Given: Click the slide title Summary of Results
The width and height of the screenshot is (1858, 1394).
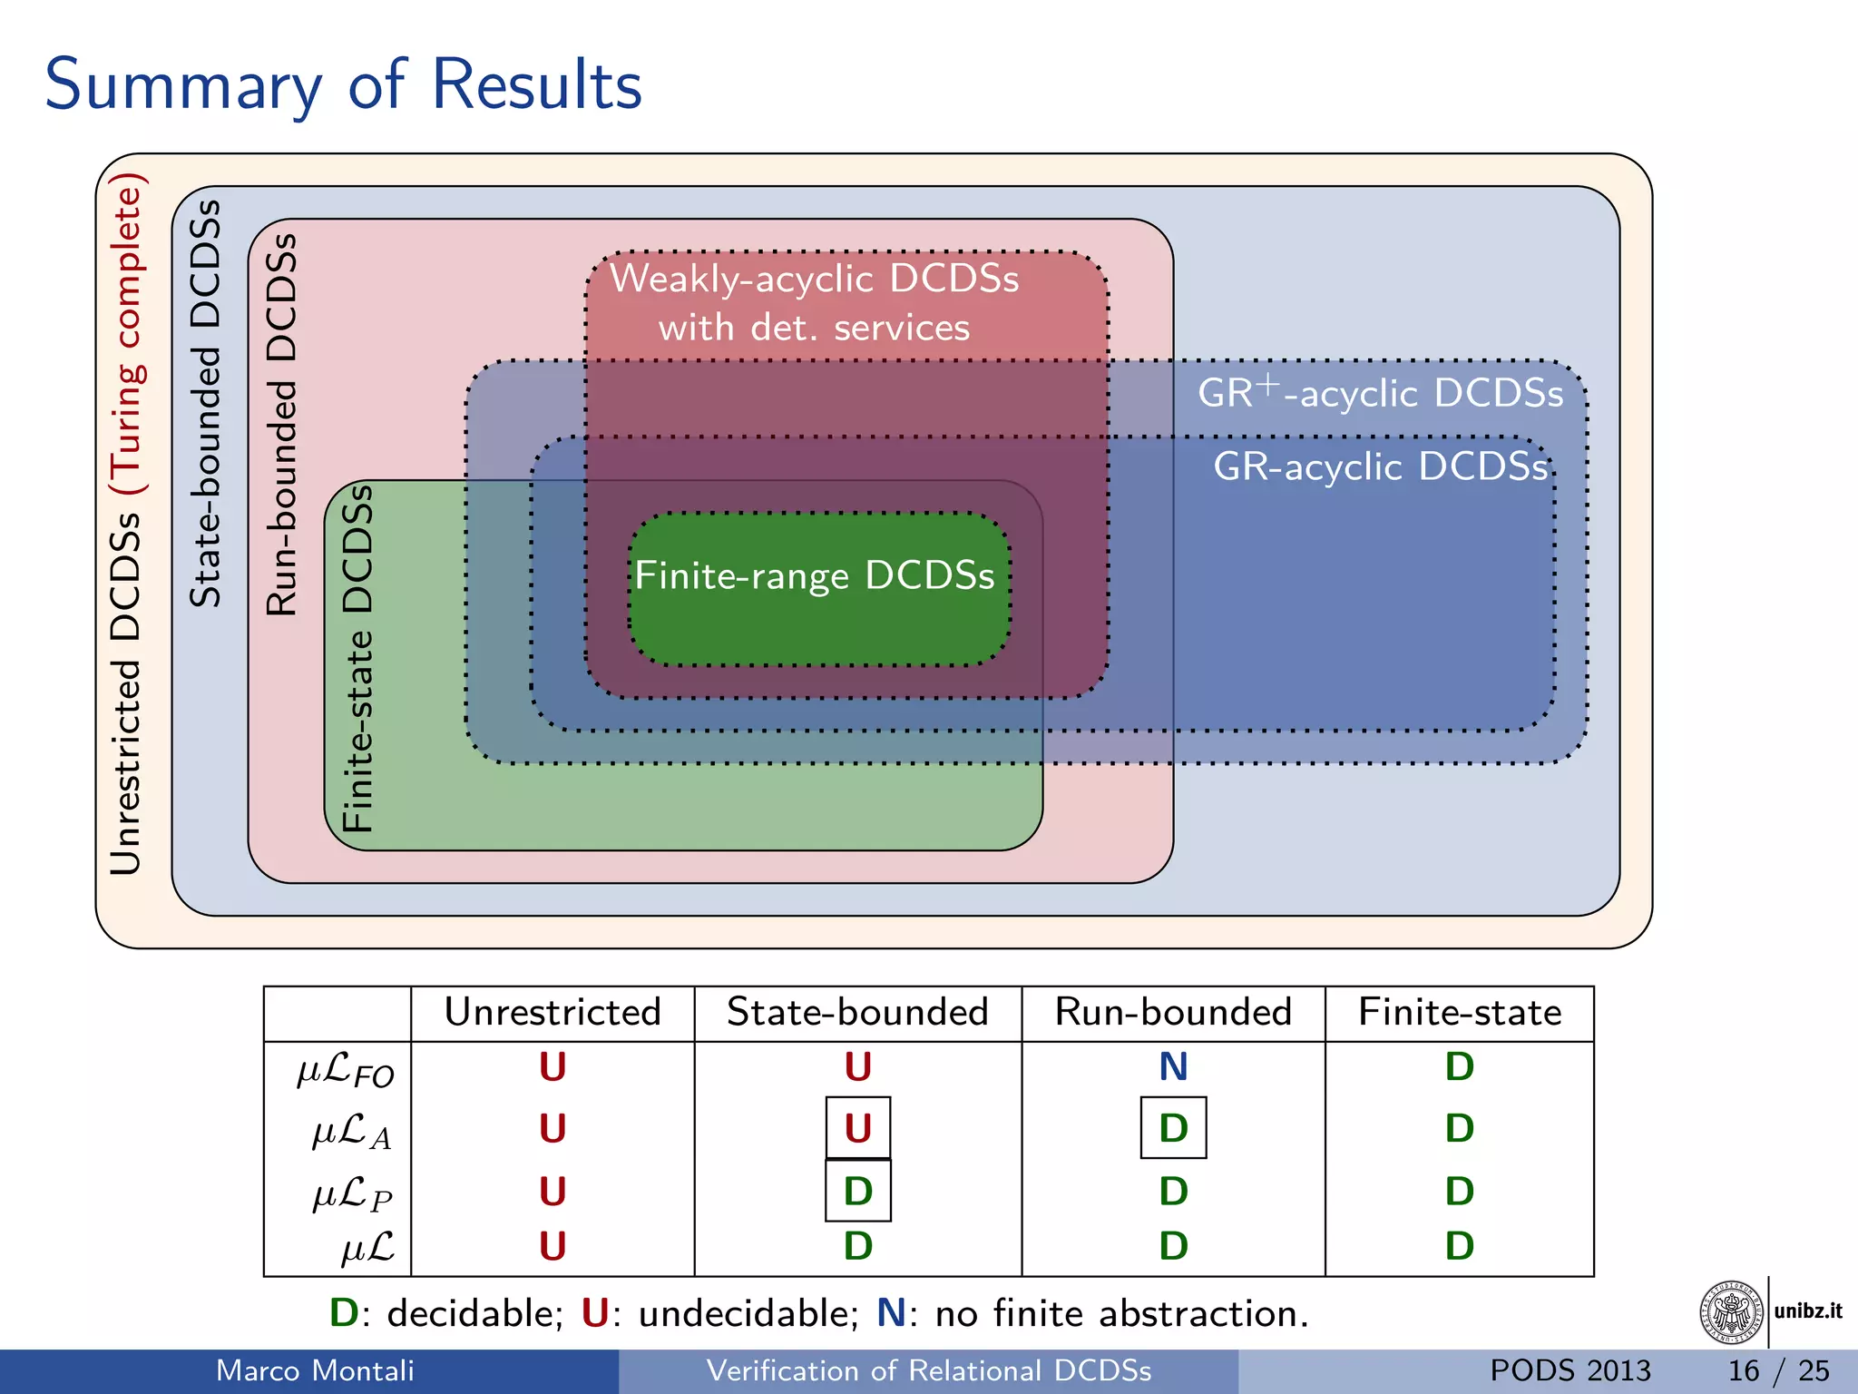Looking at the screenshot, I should coord(343,84).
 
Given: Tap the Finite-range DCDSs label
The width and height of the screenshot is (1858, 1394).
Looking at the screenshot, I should coord(815,575).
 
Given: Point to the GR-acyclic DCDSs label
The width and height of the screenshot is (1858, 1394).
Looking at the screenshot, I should coord(1381,466).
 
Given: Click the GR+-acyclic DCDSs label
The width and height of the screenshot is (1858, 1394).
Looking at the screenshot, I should coord(1380,393).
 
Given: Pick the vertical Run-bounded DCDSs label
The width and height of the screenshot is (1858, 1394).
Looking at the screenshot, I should coord(281,425).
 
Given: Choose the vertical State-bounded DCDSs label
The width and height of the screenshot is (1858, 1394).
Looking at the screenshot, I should coord(205,403).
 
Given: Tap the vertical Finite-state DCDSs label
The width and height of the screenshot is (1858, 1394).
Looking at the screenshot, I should coord(357,658).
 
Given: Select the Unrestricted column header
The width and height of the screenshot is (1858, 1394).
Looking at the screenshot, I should coord(553,1012).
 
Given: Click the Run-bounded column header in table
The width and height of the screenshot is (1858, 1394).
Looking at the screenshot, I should coord(1173,1012).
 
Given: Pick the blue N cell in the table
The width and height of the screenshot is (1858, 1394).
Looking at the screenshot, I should coord(1173,1066).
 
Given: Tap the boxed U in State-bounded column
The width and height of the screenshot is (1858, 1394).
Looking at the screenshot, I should coord(857,1128).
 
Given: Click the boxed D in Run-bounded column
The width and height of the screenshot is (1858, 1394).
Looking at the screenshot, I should coord(1173,1128).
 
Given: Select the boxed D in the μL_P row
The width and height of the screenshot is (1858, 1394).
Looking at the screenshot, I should coord(857,1191).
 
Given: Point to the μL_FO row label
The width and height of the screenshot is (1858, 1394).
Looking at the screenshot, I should coord(346,1070).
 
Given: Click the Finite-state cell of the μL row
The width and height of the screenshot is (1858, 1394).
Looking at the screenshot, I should coord(1459,1246).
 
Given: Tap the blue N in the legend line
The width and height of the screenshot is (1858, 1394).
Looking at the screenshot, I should coord(891,1313).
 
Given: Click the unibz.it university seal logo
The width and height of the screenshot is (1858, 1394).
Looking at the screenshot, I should coord(1732,1312).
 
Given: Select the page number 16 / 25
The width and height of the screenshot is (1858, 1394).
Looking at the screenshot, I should coord(1778,1370).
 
